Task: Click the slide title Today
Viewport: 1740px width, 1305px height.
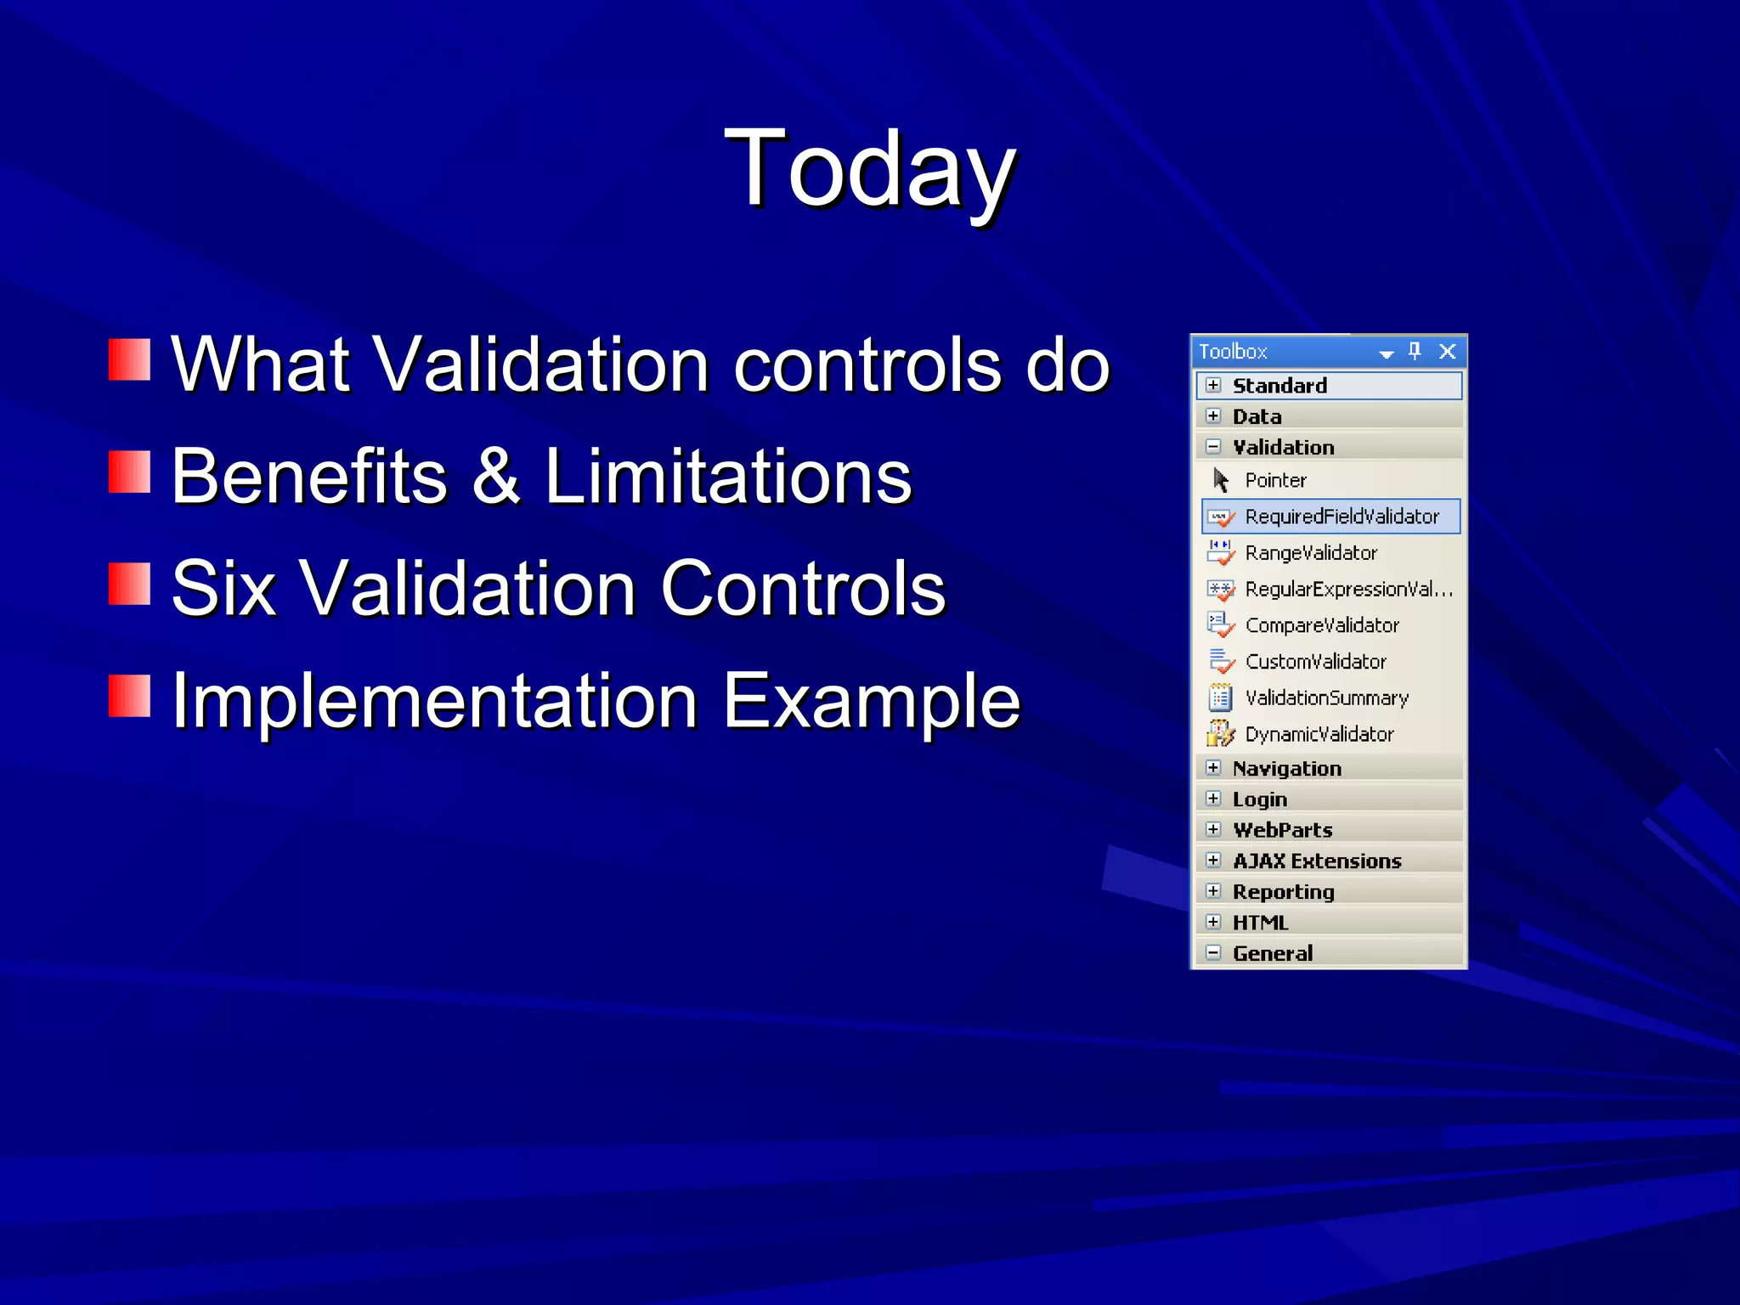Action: [870, 170]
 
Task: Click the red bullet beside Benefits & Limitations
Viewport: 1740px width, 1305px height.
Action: [129, 472]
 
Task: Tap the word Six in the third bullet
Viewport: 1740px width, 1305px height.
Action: [223, 588]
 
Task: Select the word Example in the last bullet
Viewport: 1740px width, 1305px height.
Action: [871, 702]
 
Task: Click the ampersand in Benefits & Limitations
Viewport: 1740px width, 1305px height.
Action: [495, 476]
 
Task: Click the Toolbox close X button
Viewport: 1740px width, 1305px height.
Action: [1448, 351]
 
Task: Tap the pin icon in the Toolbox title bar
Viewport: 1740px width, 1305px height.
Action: [1415, 351]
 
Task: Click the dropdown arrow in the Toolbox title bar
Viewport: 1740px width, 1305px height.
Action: [1387, 353]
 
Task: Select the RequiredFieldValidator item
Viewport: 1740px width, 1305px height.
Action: [1341, 517]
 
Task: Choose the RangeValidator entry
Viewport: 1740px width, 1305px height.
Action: [1310, 553]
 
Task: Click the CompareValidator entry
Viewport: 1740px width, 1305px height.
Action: [1321, 625]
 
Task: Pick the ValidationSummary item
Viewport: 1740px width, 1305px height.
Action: [1326, 698]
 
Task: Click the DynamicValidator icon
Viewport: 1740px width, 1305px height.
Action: [1220, 733]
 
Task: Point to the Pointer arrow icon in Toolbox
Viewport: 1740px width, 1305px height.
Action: [1221, 480]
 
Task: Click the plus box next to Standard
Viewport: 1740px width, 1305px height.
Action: [1213, 385]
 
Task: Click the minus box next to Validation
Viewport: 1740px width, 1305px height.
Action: [1213, 446]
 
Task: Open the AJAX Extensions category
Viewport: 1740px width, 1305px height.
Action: [1316, 861]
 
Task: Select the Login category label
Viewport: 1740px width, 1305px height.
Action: [1259, 799]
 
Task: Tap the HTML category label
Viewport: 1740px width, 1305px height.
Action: [1260, 922]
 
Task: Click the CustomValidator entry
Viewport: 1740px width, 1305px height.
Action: [1315, 661]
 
